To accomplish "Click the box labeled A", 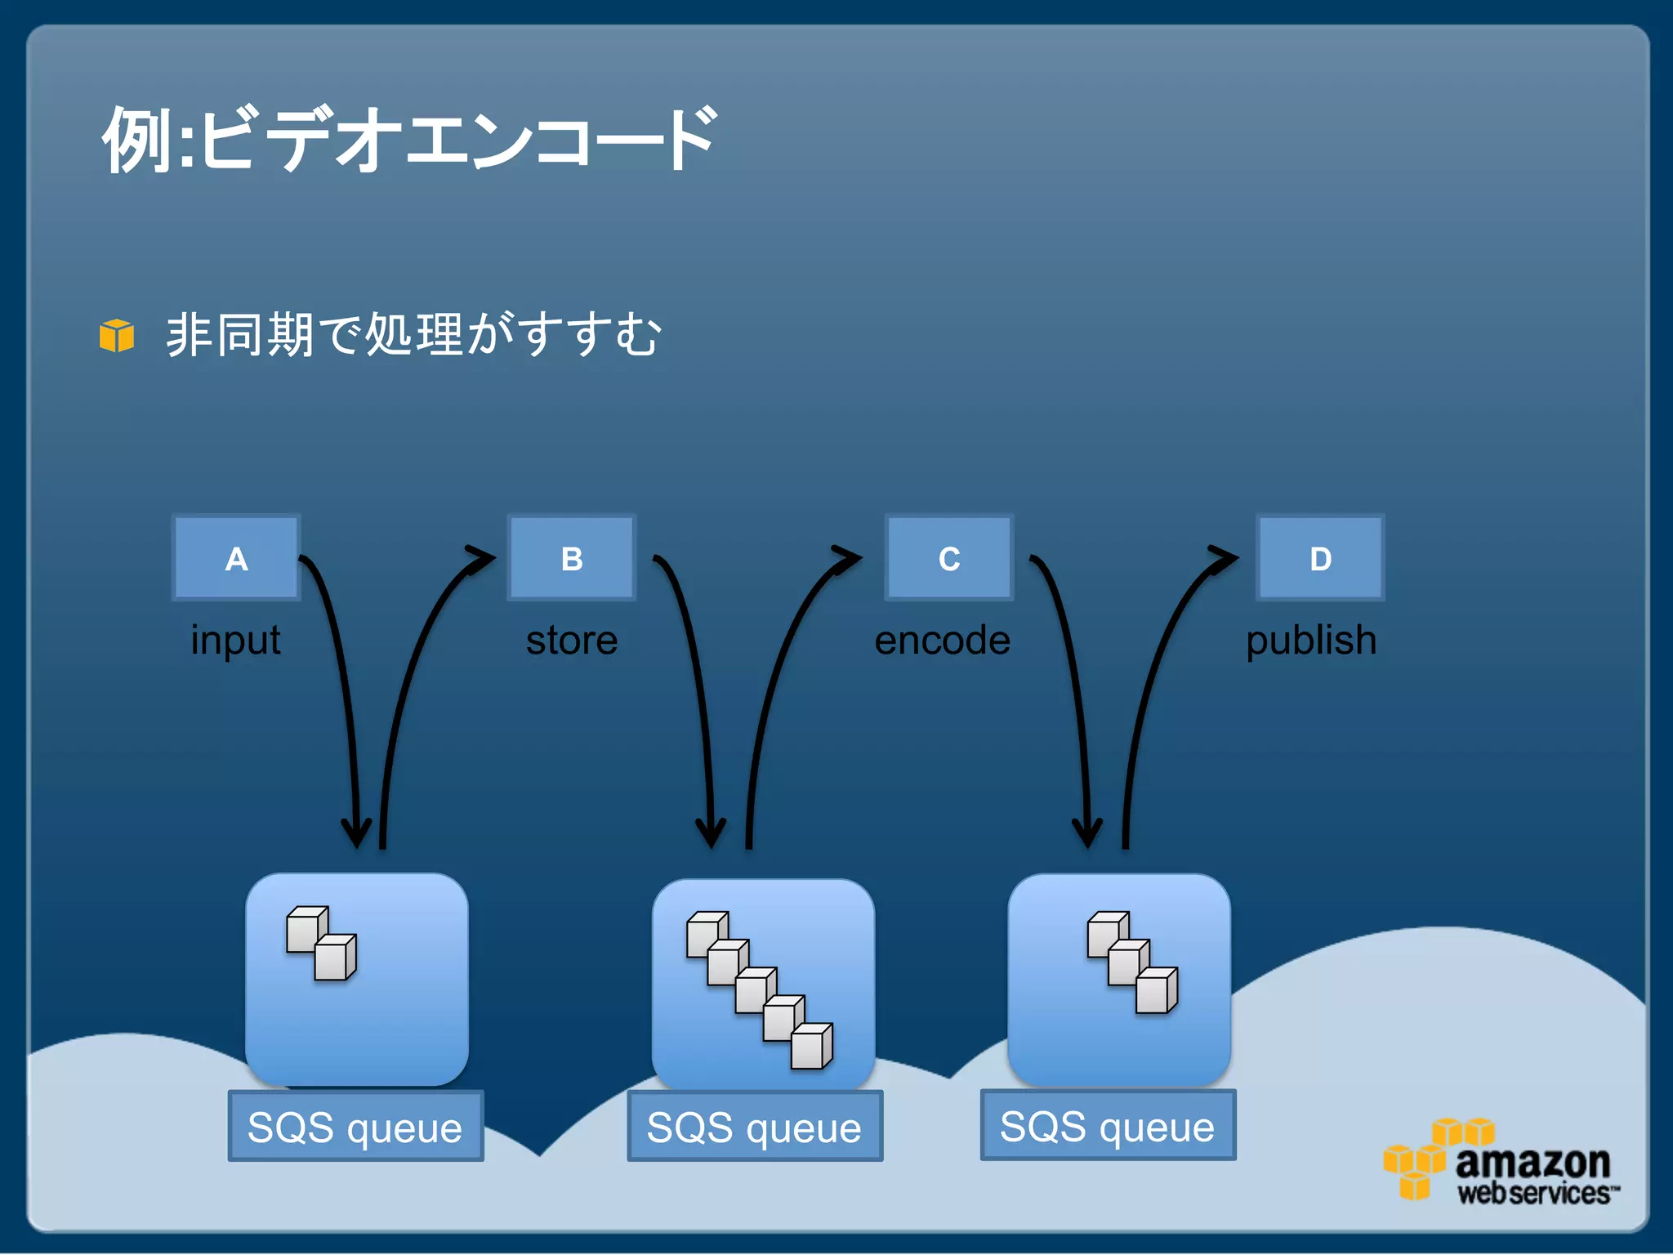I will point(236,558).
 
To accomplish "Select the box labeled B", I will point(572,558).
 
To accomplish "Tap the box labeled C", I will point(949,558).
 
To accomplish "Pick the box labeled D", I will point(1320,558).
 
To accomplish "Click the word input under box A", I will point(235,640).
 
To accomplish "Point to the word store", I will point(572,640).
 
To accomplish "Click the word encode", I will point(942,640).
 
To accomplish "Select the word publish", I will point(1311,640).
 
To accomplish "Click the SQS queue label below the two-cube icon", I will point(355,1127).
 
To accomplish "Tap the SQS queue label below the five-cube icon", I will point(755,1127).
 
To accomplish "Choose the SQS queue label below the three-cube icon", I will point(1108,1126).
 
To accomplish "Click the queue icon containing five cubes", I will point(763,985).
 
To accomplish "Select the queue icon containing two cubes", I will point(357,979).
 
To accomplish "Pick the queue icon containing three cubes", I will point(1119,979).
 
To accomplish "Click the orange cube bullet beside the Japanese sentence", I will point(117,336).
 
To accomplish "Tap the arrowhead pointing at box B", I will point(480,557).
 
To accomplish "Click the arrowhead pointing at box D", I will point(1224,557).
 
